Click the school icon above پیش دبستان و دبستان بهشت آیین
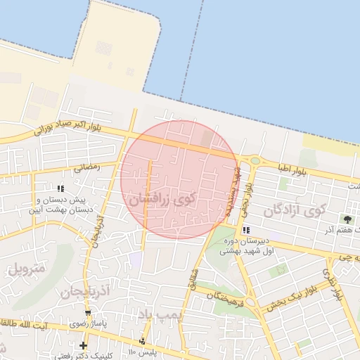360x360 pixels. pos(60,188)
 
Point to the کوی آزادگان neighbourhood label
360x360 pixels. pos(295,210)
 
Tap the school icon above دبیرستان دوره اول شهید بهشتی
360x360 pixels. pos(245,230)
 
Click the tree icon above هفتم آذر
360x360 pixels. pos(347,219)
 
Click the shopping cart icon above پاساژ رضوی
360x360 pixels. pos(88,314)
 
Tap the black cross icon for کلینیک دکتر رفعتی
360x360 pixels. pos(84,345)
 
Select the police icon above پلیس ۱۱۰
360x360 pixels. pos(143,341)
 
